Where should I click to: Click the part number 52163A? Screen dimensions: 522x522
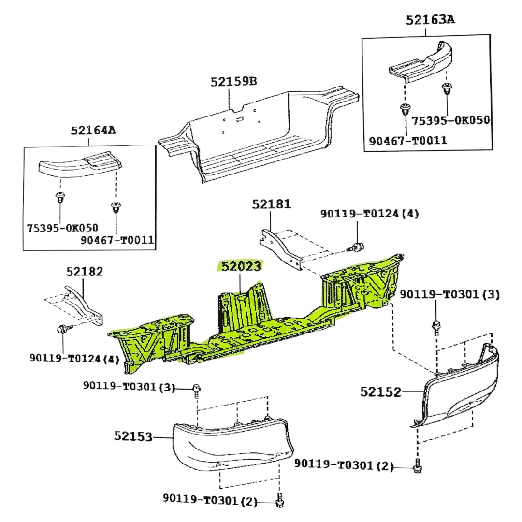(431, 20)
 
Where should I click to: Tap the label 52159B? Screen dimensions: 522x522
(233, 81)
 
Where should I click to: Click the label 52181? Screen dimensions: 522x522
(271, 204)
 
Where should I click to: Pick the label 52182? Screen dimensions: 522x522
(84, 272)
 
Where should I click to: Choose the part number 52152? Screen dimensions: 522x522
(381, 391)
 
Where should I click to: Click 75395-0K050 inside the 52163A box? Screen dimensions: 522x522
(450, 120)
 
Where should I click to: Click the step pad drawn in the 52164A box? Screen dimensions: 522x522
(80, 165)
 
